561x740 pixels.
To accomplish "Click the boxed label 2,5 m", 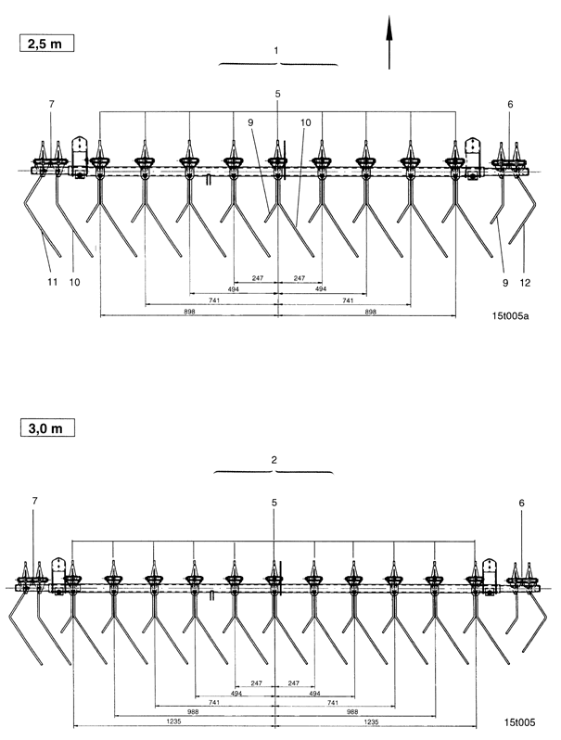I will (43, 43).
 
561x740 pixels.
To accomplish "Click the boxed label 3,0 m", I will (43, 427).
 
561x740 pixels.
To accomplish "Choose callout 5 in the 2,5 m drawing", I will (277, 94).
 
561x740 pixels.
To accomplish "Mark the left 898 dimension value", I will (188, 313).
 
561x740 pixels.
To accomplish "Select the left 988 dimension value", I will (195, 711).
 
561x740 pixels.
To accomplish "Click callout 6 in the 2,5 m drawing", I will (510, 105).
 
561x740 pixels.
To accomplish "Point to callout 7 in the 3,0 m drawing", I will (34, 501).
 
